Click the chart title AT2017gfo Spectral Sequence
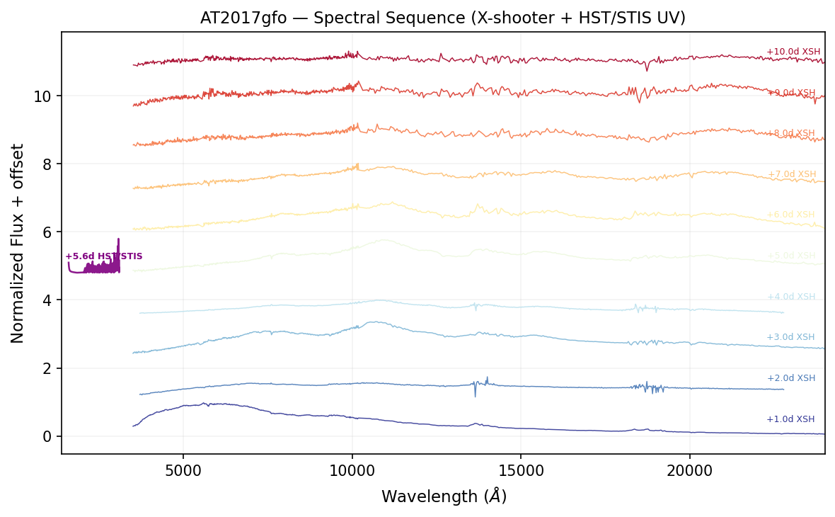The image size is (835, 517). point(442,18)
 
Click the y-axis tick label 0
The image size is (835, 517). point(47,436)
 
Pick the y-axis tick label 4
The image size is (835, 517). point(47,300)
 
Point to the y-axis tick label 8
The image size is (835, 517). point(47,164)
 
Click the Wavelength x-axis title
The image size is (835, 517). point(444,496)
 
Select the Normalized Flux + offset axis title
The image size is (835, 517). point(18,243)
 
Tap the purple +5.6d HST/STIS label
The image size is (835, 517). point(104,256)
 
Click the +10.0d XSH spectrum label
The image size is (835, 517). point(793,52)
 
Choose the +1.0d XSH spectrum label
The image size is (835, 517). point(790,419)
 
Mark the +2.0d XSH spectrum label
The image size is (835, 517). point(790,378)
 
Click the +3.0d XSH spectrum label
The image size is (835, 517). point(790,337)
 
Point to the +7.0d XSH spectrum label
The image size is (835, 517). point(791,174)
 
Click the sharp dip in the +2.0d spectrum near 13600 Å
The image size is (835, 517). point(475,394)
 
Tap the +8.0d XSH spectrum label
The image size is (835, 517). point(791,133)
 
